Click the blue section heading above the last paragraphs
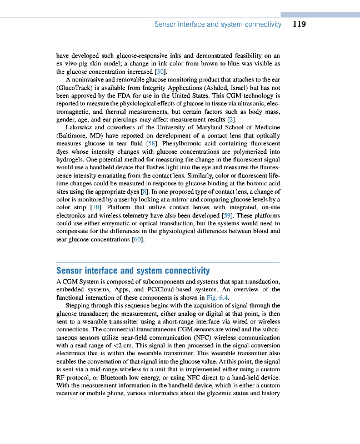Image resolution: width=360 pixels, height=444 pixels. point(133,271)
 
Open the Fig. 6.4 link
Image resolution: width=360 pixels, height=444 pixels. point(218,297)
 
